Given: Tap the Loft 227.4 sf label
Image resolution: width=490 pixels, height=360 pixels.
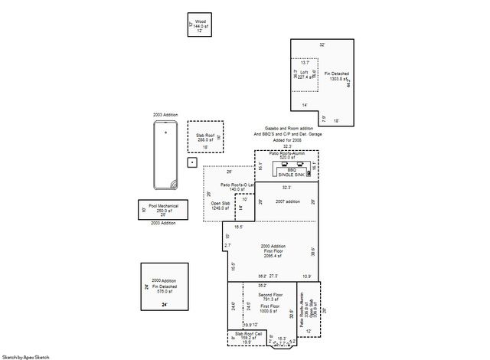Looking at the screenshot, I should click(x=304, y=75).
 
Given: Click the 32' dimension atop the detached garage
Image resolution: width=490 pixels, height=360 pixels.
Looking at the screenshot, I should click(x=322, y=45).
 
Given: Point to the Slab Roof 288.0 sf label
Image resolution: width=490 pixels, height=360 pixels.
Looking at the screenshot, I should click(x=204, y=137).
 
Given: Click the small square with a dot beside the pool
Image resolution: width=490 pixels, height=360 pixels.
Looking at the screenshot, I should click(x=192, y=162).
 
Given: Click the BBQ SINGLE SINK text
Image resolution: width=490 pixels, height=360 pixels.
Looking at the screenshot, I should click(x=286, y=172).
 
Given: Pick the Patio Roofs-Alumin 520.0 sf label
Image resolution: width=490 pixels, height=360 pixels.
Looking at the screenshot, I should click(x=287, y=155).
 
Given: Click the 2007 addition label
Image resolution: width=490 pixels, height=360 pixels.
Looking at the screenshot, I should click(x=287, y=201).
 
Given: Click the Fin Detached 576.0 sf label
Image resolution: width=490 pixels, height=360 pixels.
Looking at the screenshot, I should click(x=164, y=286).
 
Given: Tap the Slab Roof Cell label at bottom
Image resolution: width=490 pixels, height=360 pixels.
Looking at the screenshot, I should click(x=249, y=335).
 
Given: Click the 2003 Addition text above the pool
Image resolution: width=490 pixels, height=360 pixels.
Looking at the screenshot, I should click(x=165, y=114).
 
